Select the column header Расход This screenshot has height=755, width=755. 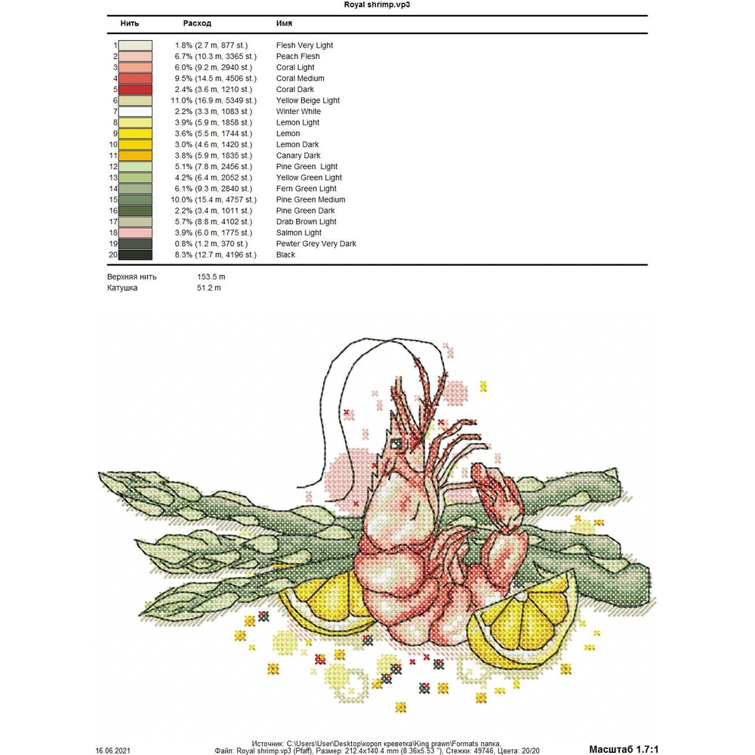[x=197, y=24]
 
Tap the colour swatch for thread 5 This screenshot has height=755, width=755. [x=135, y=89]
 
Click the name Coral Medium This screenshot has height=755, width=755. [x=300, y=79]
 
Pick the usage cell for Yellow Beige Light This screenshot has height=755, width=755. [x=215, y=100]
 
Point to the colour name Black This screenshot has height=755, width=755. [x=285, y=255]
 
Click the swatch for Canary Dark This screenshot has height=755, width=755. [x=135, y=156]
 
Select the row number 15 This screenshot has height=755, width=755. [x=114, y=200]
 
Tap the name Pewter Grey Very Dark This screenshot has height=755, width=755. [x=316, y=244]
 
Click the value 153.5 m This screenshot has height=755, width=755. [x=211, y=277]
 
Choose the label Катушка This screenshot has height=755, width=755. [x=122, y=288]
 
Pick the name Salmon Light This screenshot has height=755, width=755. [x=298, y=233]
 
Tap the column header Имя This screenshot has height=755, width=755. [x=285, y=24]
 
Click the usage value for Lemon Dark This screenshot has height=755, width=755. [x=215, y=145]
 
